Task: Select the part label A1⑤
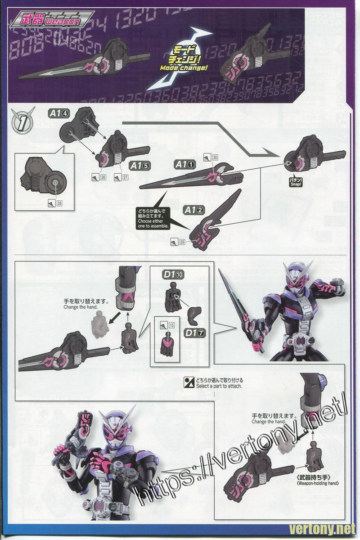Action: [140, 165]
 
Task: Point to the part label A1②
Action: [195, 210]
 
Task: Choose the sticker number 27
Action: [122, 177]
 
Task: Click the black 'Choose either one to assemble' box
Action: [153, 219]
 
